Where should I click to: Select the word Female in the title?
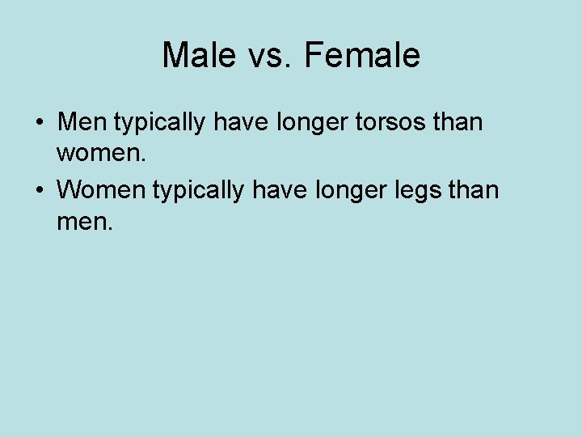(x=365, y=56)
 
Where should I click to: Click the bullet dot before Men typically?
(x=39, y=124)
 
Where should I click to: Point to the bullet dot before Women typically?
(x=39, y=191)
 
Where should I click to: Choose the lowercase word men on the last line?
(x=80, y=221)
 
